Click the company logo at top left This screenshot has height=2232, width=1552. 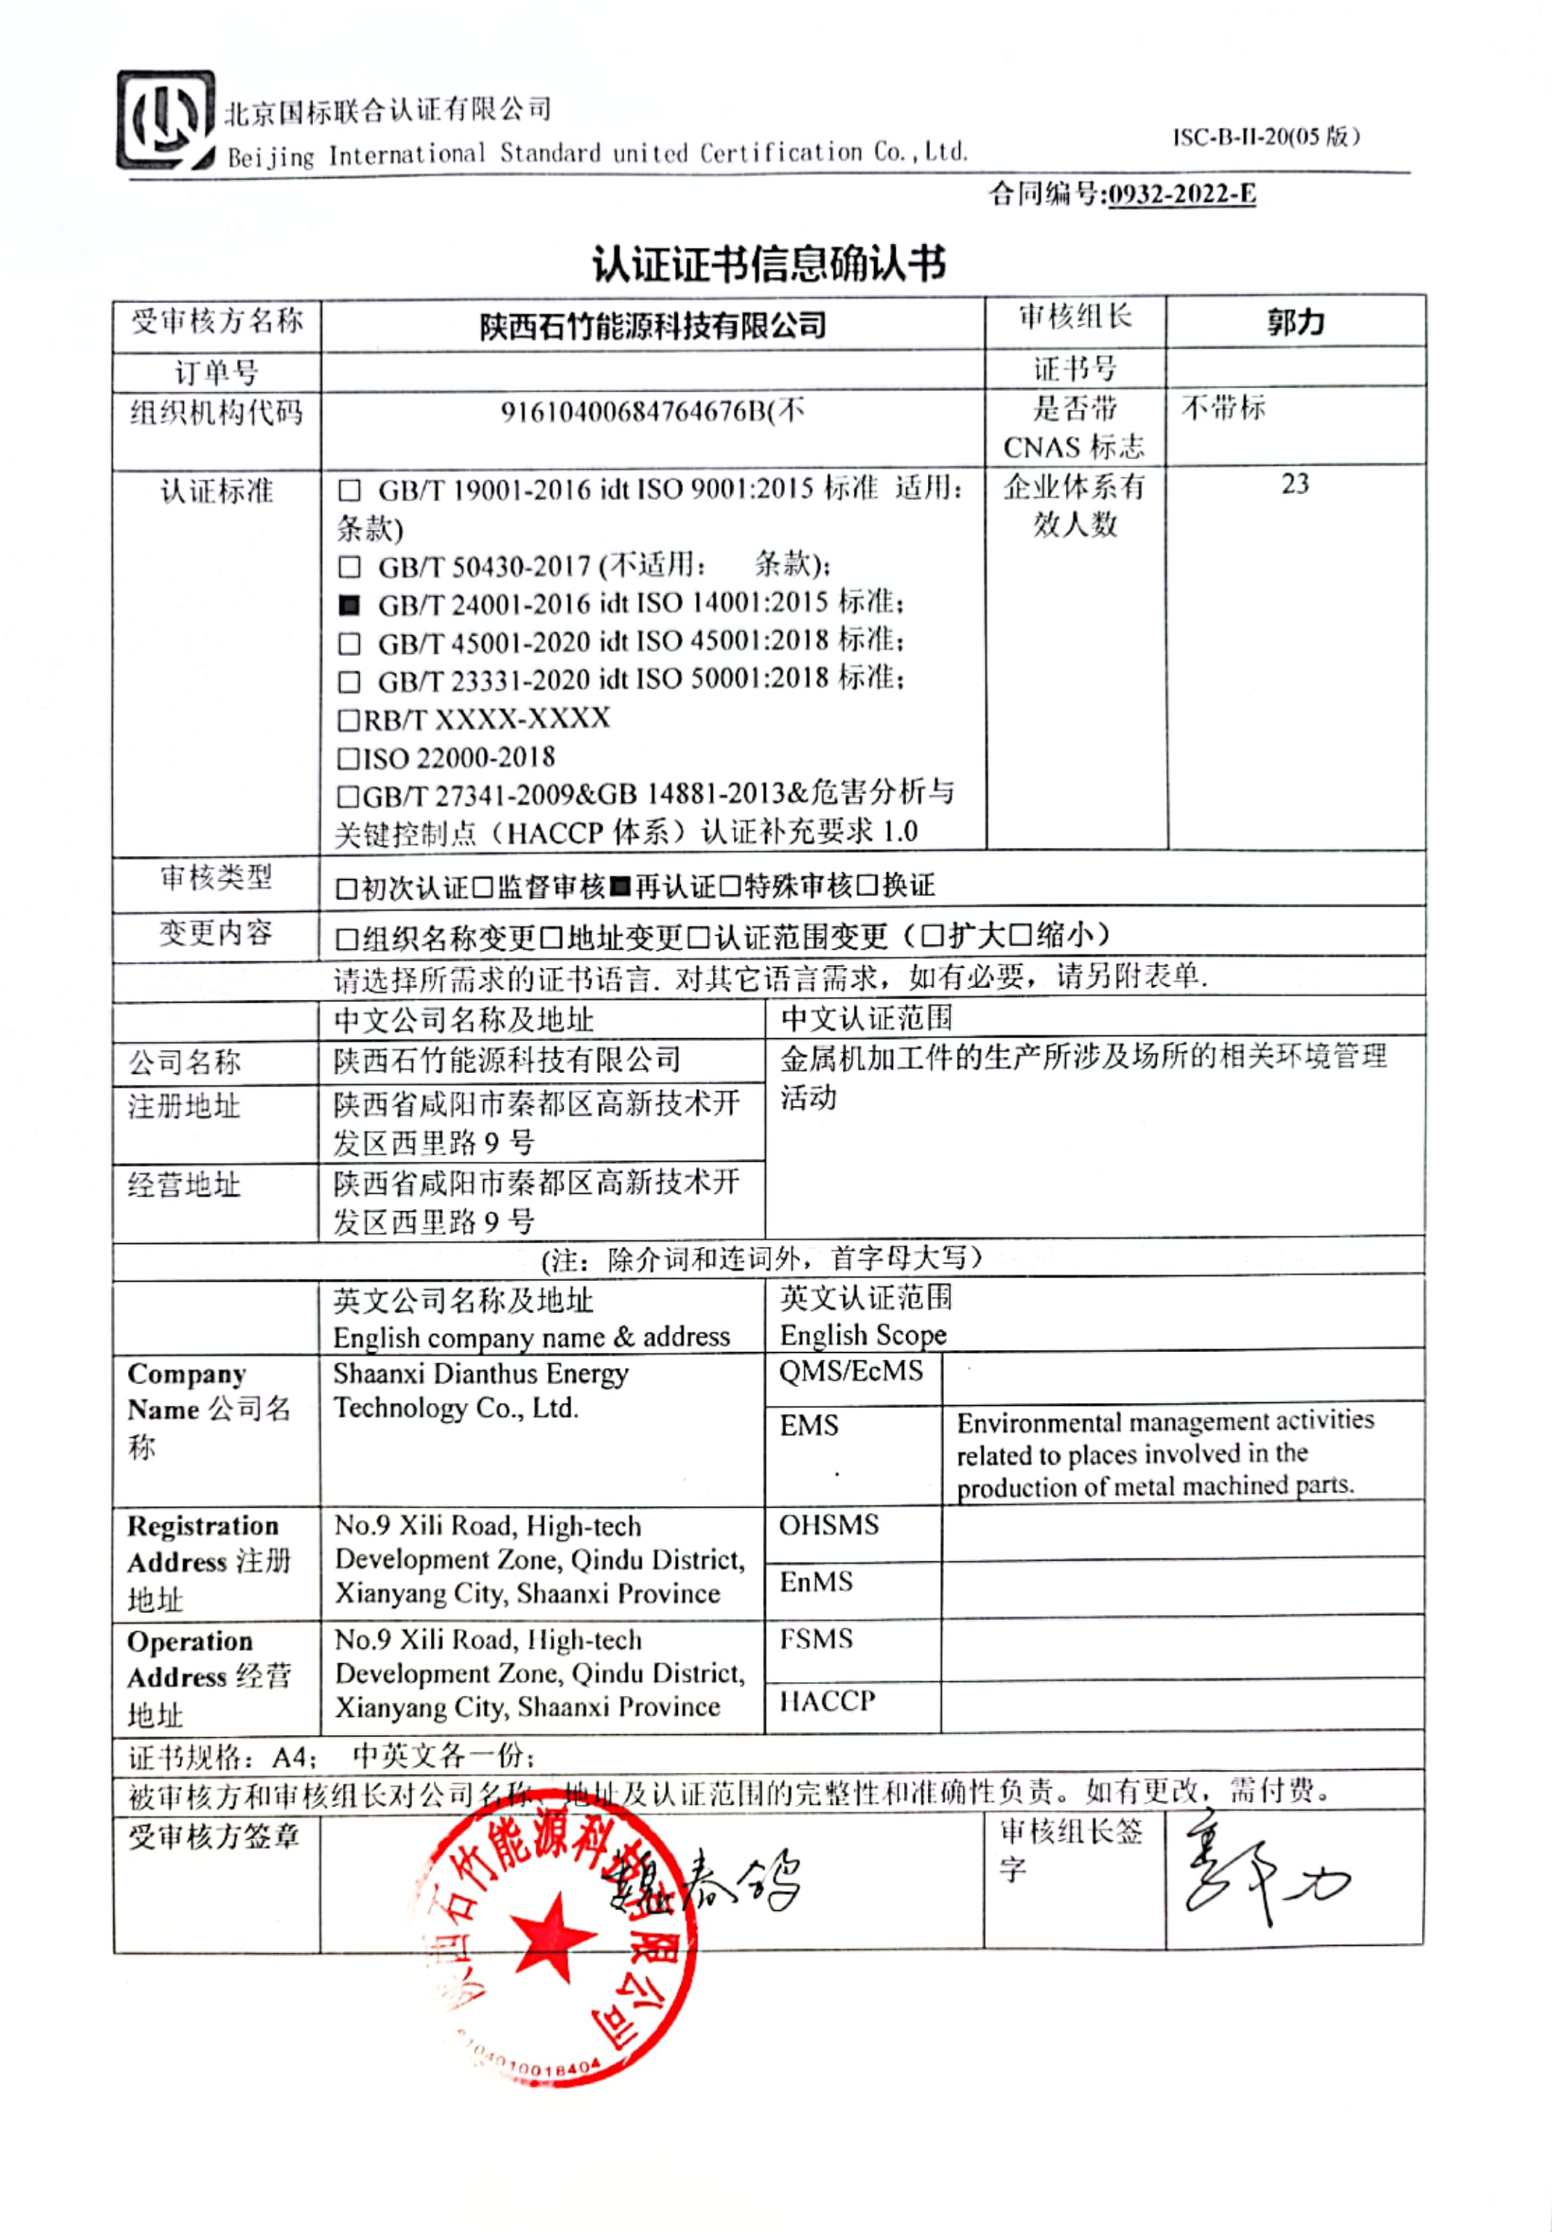(x=166, y=121)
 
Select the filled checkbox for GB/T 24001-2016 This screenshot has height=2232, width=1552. (x=349, y=606)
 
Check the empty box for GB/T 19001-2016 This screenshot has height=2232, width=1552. (x=349, y=490)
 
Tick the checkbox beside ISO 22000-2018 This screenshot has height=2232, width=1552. (x=347, y=759)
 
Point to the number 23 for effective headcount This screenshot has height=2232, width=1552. (x=1296, y=484)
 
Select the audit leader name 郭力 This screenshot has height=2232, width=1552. (x=1296, y=322)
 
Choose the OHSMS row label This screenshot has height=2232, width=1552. (x=828, y=1525)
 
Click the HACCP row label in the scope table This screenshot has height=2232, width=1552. (x=827, y=1701)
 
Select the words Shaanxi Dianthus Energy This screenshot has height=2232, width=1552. (x=480, y=1375)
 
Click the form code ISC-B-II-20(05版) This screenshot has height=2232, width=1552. (x=1265, y=137)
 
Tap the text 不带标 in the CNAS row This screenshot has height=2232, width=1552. (x=1224, y=408)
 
